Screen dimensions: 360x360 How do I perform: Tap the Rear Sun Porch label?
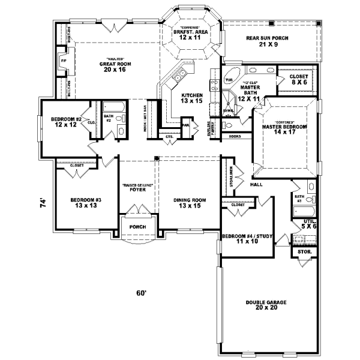(268, 41)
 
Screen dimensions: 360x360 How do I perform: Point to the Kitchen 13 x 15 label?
(193, 98)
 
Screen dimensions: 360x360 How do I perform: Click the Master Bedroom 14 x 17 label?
(284, 131)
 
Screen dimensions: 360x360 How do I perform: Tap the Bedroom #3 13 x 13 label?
(84, 203)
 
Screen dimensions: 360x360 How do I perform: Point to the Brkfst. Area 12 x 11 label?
(190, 34)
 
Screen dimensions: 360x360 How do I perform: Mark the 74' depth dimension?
(43, 204)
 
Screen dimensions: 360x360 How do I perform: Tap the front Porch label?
(139, 228)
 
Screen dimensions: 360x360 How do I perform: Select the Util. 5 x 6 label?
(308, 225)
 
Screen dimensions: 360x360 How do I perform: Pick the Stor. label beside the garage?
(304, 253)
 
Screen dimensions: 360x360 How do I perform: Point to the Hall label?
(257, 185)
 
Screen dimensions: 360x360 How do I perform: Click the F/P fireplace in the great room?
(62, 61)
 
